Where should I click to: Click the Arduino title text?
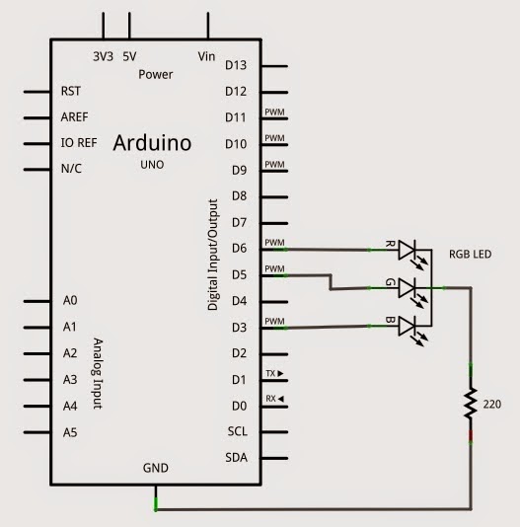coord(152,143)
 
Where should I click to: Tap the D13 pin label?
coord(235,65)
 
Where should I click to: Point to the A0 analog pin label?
coord(69,300)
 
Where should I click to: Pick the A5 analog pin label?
coord(69,431)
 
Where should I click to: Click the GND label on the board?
coord(155,468)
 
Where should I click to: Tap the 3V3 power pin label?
coord(103,56)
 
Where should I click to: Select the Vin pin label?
coord(207,56)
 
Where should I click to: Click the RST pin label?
coord(70,91)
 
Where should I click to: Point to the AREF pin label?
coord(74,116)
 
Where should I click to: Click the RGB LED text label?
coord(472,253)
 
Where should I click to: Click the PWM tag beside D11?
coord(275,112)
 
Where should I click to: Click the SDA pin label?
coord(236,457)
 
